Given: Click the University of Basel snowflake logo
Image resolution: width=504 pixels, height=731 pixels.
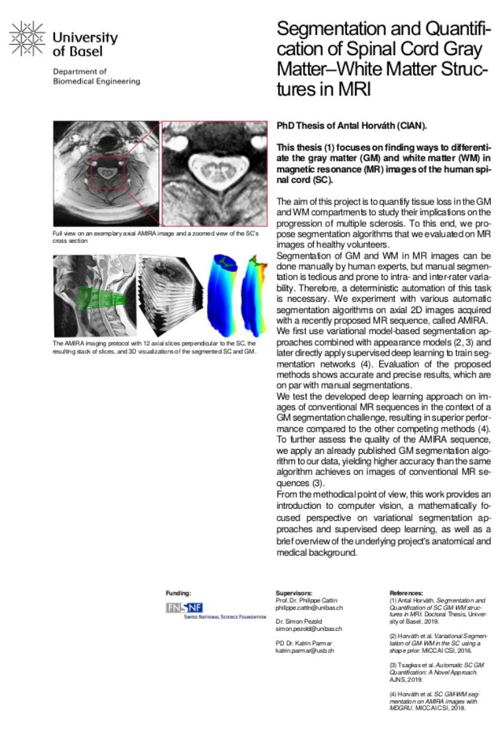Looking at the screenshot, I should click(x=27, y=38).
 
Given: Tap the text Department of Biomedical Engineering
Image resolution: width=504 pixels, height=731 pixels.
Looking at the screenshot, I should click(x=97, y=76).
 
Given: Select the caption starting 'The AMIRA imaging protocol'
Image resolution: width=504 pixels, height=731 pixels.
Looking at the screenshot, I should click(x=153, y=347).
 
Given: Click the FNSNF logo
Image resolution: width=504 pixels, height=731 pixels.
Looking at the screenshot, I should click(x=184, y=608).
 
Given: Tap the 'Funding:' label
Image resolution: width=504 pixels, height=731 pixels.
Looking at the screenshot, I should click(x=178, y=592).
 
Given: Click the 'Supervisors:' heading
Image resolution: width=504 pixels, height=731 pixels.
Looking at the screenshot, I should click(x=294, y=592).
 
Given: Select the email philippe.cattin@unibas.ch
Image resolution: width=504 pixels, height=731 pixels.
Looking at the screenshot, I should click(x=309, y=608).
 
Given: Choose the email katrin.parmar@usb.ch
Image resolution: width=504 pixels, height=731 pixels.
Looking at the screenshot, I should click(x=304, y=651).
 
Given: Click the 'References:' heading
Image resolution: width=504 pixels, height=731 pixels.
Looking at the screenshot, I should click(x=406, y=592).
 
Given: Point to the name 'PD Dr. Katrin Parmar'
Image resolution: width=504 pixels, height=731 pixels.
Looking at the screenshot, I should click(x=306, y=643).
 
